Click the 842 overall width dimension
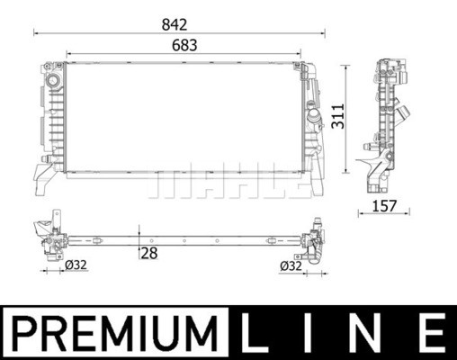(175, 24)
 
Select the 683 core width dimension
(184, 45)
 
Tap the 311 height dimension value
(338, 116)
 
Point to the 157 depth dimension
(384, 206)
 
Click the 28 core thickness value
(149, 253)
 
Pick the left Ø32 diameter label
(76, 265)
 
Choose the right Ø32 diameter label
(291, 265)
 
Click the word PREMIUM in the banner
(115, 333)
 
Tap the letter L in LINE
(251, 333)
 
